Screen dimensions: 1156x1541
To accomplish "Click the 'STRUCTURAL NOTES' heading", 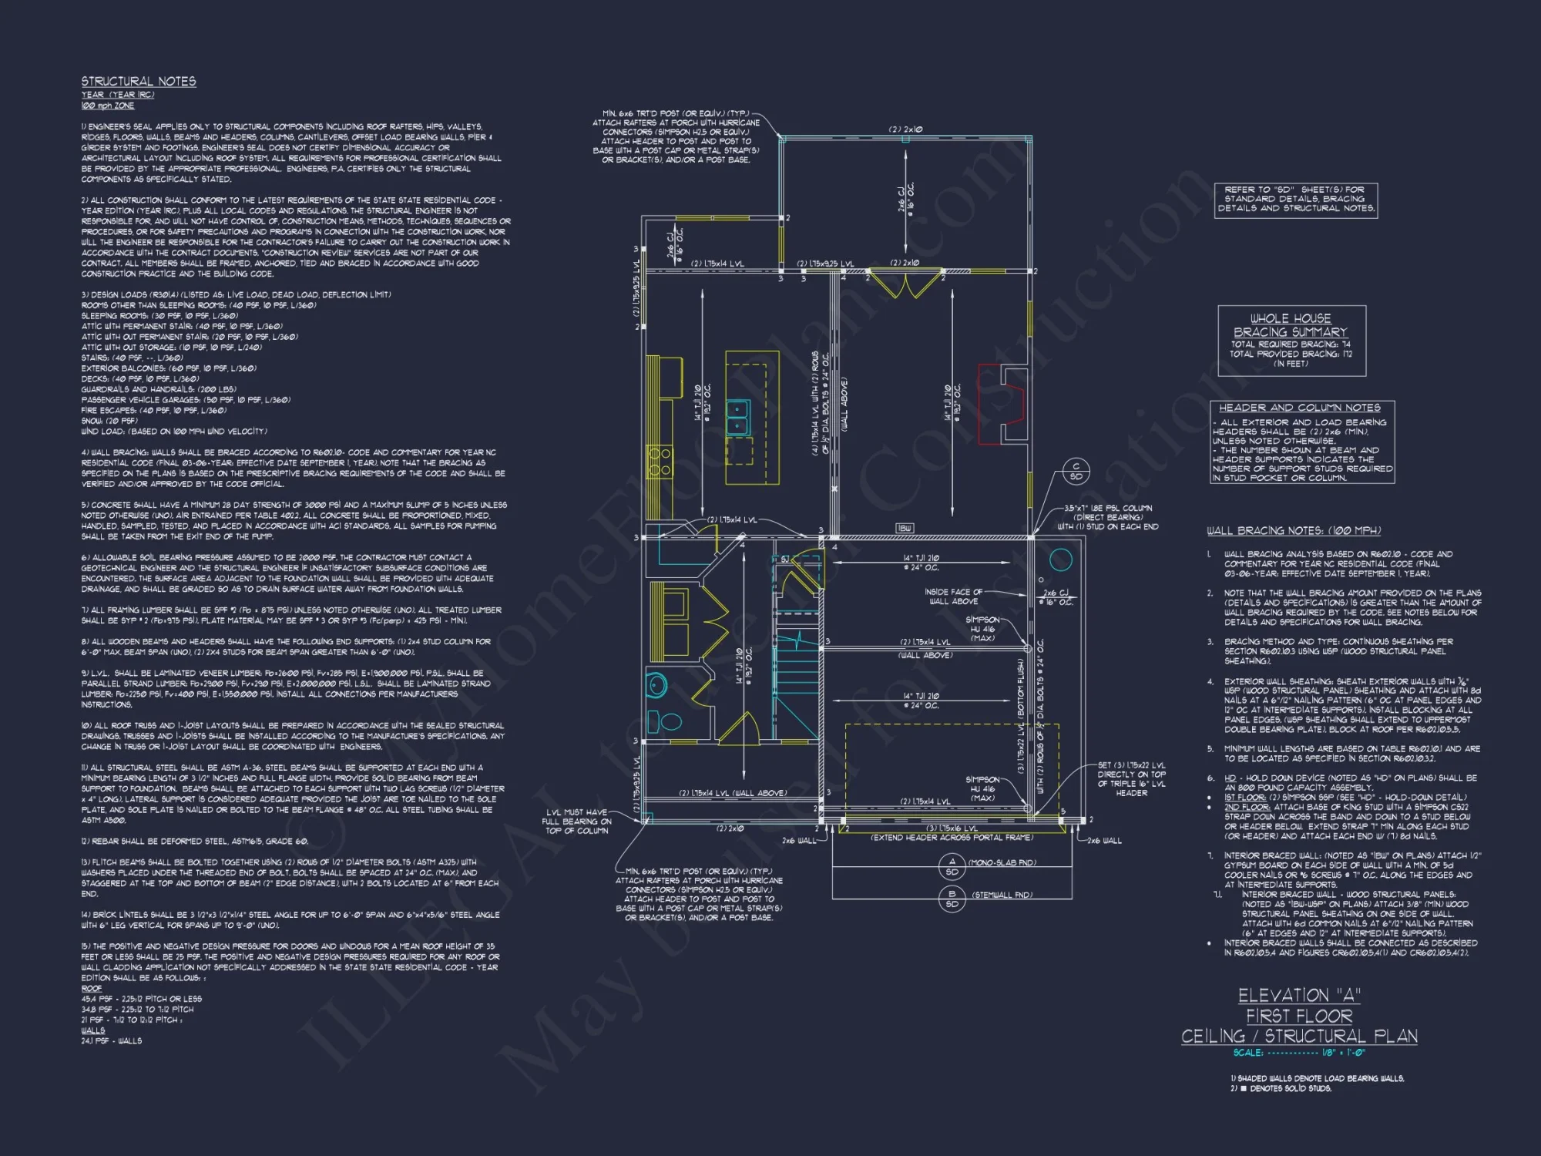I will (x=139, y=82).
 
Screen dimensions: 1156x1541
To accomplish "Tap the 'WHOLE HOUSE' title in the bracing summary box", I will (x=1290, y=318).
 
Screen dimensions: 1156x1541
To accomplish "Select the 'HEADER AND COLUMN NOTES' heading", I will (x=1299, y=408).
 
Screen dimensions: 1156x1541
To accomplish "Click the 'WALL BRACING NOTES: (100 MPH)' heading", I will (x=1294, y=531).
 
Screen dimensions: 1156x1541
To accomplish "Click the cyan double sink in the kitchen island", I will (x=738, y=417).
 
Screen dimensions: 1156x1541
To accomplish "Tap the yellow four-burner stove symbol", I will (x=660, y=462).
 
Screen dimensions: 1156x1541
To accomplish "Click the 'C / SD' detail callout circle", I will (x=1076, y=471).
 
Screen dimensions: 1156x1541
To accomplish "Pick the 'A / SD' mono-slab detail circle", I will (x=952, y=867).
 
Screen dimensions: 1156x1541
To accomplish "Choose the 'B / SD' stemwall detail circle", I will (x=952, y=899).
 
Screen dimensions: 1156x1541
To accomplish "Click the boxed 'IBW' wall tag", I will (x=905, y=528).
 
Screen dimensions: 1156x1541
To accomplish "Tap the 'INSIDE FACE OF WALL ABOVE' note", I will (x=953, y=596).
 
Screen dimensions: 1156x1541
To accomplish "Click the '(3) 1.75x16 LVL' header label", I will (x=952, y=828).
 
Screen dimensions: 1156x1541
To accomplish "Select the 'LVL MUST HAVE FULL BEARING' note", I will (x=576, y=822).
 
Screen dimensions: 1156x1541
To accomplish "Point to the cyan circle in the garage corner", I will (x=1061, y=560).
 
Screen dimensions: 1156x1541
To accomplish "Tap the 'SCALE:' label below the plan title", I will (x=1247, y=1053).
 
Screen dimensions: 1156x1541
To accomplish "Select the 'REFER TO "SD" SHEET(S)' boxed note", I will (x=1295, y=199).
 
